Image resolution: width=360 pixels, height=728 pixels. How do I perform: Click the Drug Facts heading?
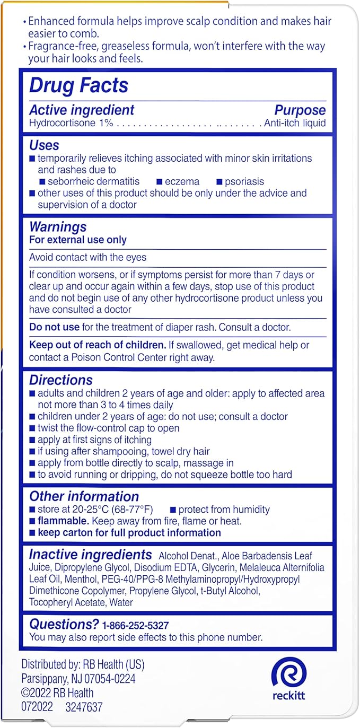tap(78, 85)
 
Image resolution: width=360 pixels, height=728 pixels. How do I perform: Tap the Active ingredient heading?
tap(82, 110)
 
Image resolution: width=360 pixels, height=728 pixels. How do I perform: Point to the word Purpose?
tap(300, 110)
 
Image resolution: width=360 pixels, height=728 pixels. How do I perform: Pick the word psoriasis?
tap(244, 181)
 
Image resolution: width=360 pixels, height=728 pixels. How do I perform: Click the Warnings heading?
tap(58, 227)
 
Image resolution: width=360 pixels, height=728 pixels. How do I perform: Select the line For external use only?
tap(78, 240)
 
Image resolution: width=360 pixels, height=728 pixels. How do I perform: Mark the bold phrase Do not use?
tap(54, 327)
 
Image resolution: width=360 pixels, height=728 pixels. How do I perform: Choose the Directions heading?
tap(61, 380)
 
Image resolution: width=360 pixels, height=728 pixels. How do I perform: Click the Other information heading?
tap(84, 496)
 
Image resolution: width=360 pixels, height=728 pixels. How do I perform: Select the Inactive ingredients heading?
tap(90, 555)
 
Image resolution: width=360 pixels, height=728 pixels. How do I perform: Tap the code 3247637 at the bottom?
tap(84, 707)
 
